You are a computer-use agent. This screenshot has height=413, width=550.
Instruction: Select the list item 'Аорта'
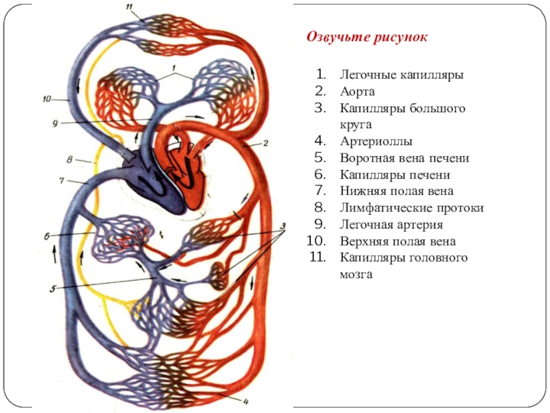tap(357, 91)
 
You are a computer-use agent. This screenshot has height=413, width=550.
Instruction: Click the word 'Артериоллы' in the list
tap(375, 141)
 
